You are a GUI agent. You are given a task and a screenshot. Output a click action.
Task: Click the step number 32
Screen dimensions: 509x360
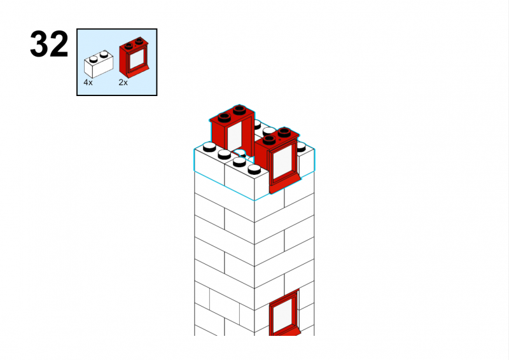point(49,44)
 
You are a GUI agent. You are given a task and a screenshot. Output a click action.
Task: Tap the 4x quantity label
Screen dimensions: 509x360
point(88,83)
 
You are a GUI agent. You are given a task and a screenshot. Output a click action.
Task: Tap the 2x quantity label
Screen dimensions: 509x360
point(123,83)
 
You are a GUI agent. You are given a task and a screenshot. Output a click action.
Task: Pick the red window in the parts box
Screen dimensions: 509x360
point(134,57)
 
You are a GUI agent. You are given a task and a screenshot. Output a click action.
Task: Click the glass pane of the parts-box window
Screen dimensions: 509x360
point(136,59)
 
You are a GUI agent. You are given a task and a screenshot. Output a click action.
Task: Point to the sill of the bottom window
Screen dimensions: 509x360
point(284,332)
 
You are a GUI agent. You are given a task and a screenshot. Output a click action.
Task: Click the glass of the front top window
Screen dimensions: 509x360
point(282,162)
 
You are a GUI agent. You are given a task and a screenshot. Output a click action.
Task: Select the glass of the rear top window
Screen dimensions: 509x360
point(234,136)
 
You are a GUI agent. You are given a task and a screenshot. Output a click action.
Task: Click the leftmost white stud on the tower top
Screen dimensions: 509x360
point(209,148)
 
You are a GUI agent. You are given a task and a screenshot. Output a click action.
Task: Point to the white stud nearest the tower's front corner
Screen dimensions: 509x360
point(254,169)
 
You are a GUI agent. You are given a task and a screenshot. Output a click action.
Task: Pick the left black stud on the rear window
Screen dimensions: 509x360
point(225,118)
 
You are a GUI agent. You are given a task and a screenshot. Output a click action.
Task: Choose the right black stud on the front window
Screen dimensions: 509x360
point(284,132)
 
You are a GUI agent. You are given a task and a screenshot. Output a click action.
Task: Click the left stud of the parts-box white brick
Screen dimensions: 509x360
point(94,59)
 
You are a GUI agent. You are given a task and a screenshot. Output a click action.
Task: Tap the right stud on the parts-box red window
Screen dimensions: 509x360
point(139,41)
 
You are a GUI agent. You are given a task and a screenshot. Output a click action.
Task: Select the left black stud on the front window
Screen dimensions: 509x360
point(269,140)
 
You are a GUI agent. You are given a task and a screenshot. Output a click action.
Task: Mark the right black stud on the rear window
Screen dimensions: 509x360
point(239,110)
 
